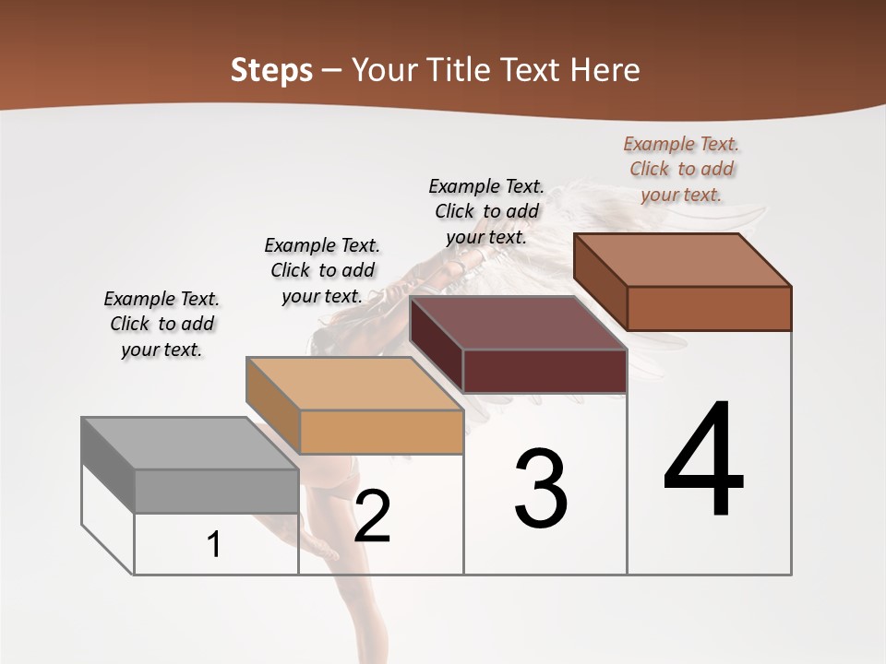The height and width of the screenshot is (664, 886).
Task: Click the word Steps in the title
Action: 271,70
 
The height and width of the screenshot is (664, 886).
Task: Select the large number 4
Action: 703,461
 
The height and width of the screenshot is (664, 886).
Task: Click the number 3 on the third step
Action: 541,489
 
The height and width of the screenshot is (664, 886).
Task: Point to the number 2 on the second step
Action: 372,516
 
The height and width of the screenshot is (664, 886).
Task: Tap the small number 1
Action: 214,545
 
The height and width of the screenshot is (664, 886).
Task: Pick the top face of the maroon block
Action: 517,323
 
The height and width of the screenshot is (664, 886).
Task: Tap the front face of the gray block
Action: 216,491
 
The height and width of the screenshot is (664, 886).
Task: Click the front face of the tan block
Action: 381,432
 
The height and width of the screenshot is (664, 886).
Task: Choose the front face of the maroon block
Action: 545,372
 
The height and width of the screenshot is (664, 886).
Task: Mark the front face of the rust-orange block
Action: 709,308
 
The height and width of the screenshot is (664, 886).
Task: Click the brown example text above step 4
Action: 681,170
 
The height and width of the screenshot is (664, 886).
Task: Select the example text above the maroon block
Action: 486,211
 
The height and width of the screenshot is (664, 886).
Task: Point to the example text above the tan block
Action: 322,270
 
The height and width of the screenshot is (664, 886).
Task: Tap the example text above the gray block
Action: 162,324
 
